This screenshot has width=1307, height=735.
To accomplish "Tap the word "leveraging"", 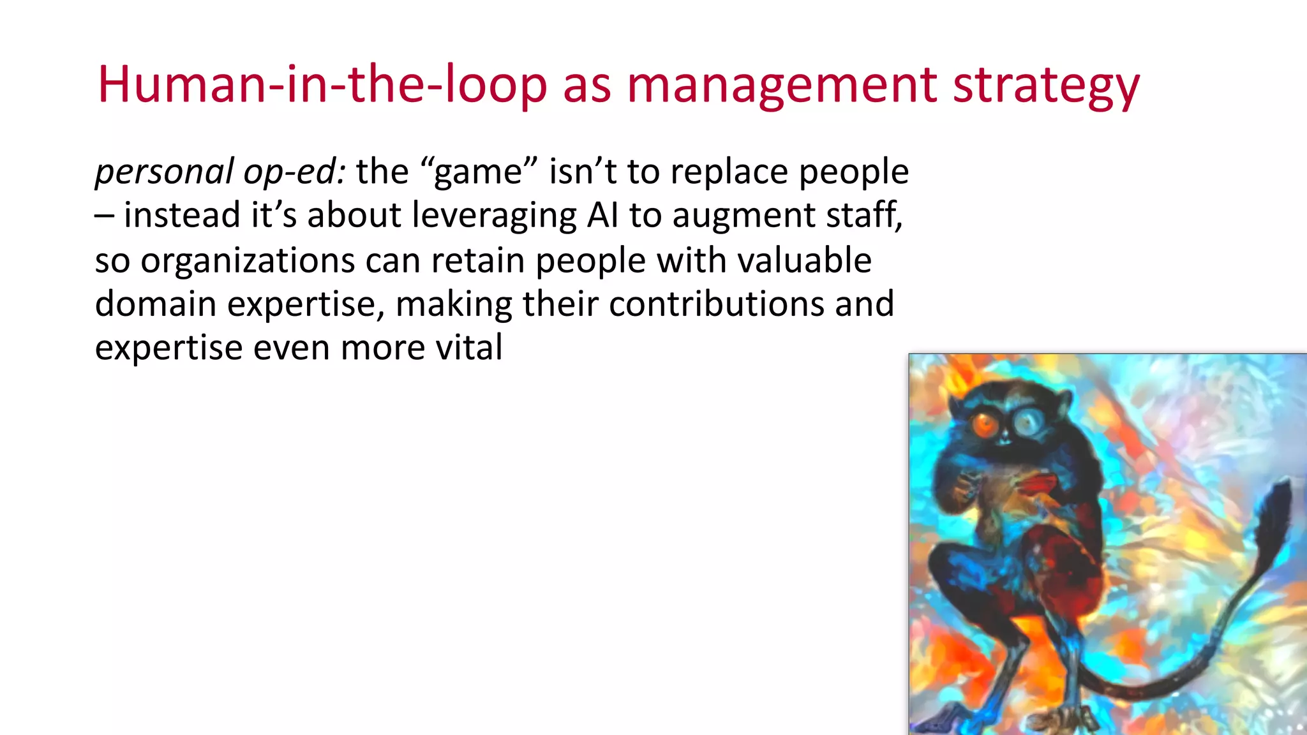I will (x=494, y=216).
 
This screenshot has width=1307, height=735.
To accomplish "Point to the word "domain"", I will (x=156, y=304).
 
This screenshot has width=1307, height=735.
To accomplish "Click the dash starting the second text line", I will (x=104, y=216).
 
